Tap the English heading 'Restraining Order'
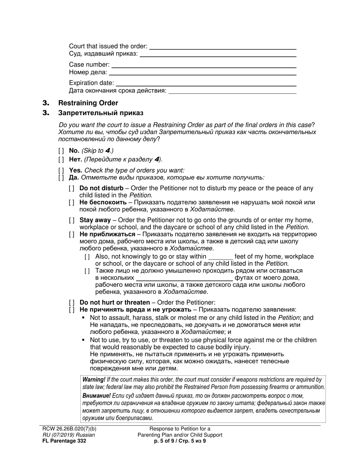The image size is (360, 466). point(88,103)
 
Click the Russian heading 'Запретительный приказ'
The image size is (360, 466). point(101,113)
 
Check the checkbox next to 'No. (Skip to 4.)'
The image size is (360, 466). point(61,151)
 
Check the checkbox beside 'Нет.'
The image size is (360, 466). point(61,159)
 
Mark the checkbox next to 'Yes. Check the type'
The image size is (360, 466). point(61,170)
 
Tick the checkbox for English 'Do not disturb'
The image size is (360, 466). point(72,188)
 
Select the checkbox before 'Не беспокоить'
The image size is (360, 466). point(72,203)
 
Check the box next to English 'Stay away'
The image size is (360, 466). point(72,220)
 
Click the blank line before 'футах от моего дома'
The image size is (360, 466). point(184,278)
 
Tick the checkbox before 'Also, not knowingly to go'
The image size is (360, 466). point(88,257)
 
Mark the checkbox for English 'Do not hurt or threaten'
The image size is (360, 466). point(72,303)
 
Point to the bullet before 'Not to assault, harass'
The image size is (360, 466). point(84,318)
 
